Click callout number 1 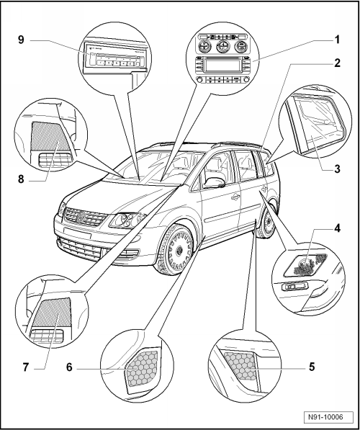click(338, 40)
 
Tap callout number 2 click(337, 63)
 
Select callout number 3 click(337, 169)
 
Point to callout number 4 click(337, 228)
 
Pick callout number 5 click(312, 367)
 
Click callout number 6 click(69, 367)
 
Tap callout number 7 click(26, 367)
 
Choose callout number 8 click(21, 179)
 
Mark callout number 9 click(21, 40)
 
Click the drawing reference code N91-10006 click(325, 417)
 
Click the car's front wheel click(176, 249)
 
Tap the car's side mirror click(215, 182)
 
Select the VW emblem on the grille click(81, 217)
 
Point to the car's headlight click(127, 220)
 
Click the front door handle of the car click(235, 197)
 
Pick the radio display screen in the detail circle click(222, 66)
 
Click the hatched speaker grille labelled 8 click(50, 136)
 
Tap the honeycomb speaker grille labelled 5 click(240, 366)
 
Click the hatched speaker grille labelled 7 click(55, 312)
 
